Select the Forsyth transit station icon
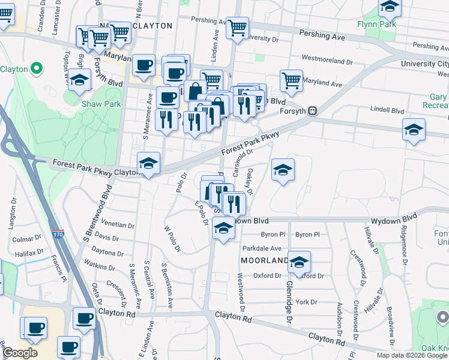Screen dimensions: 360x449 coord(312,110)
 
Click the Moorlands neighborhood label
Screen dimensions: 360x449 coord(265,261)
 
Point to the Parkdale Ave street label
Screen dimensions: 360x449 coord(262,248)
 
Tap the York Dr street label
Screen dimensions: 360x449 coord(306,302)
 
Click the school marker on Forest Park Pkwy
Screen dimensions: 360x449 coord(148,163)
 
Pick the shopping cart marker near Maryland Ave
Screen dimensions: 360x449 coord(291,80)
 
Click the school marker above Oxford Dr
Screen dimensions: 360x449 coord(299,262)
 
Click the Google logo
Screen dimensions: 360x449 coord(20,353)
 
